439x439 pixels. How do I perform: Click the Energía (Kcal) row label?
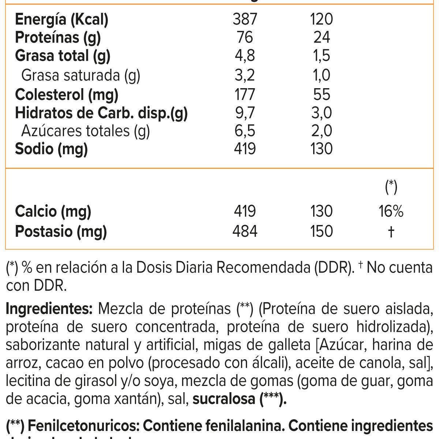click(61, 19)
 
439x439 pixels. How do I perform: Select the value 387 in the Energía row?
click(245, 19)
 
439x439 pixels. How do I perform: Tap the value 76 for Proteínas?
click(245, 37)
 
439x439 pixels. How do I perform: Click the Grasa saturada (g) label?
click(81, 75)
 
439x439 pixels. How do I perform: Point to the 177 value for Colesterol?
click(245, 94)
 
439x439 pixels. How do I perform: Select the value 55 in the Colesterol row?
click(322, 94)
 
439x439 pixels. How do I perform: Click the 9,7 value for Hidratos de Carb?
click(245, 113)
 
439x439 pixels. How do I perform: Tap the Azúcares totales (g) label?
click(86, 131)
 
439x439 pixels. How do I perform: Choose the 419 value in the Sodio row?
click(245, 149)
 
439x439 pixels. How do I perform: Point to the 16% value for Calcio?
click(391, 211)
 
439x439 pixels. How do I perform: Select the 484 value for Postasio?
click(245, 231)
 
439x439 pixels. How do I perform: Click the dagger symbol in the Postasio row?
click(391, 232)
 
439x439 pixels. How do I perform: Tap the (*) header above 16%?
click(391, 187)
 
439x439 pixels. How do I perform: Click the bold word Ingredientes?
click(49, 309)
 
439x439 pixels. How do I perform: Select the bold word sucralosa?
click(224, 399)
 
